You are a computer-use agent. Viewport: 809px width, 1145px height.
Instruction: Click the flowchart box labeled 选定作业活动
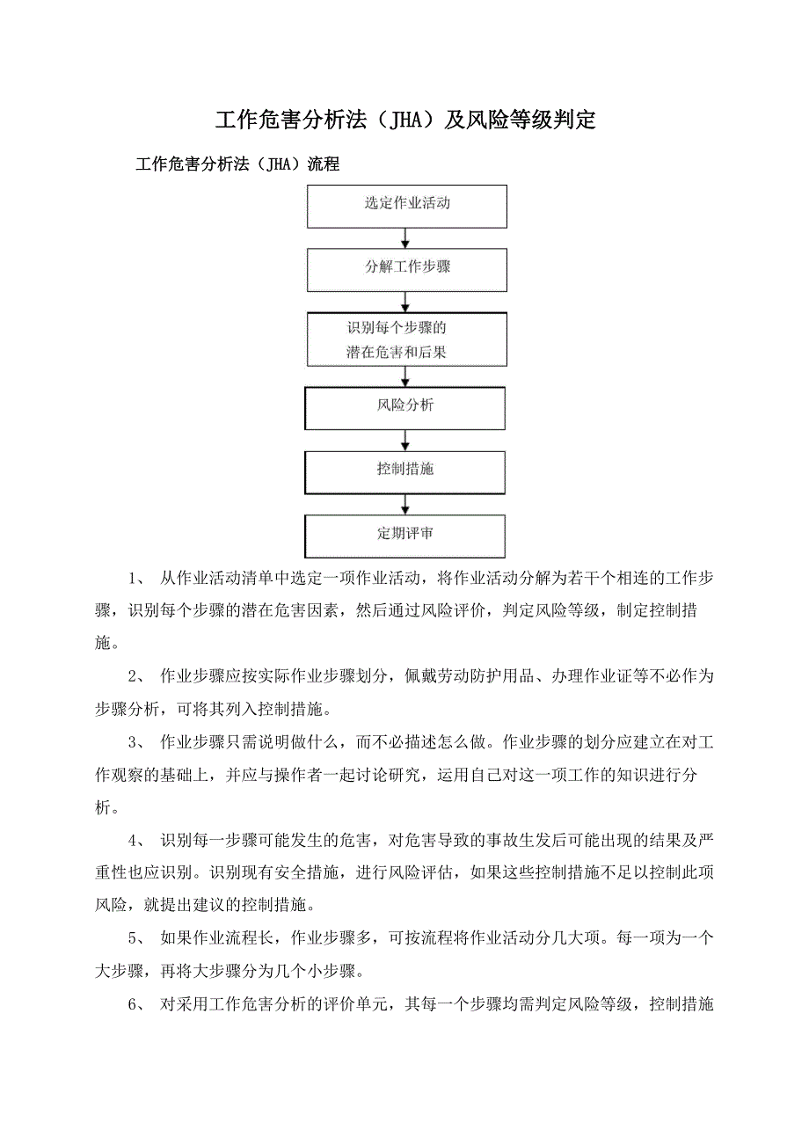pyautogui.click(x=407, y=207)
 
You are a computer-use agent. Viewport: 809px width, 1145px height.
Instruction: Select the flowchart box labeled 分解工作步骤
pyautogui.click(x=407, y=270)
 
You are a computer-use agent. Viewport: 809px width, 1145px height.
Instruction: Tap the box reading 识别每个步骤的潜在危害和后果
pyautogui.click(x=407, y=339)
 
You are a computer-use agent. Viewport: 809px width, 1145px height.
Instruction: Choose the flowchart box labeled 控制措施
pyautogui.click(x=405, y=472)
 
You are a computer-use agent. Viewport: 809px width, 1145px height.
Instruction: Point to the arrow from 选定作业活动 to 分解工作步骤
pyautogui.click(x=405, y=238)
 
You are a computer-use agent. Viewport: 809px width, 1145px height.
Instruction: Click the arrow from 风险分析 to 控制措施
pyautogui.click(x=405, y=440)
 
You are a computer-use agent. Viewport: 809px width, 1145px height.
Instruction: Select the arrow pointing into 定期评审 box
pyautogui.click(x=405, y=504)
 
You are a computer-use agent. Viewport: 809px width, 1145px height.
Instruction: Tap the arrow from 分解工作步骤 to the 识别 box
pyautogui.click(x=405, y=302)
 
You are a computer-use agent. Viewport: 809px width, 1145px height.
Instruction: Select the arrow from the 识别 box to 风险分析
pyautogui.click(x=405, y=376)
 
